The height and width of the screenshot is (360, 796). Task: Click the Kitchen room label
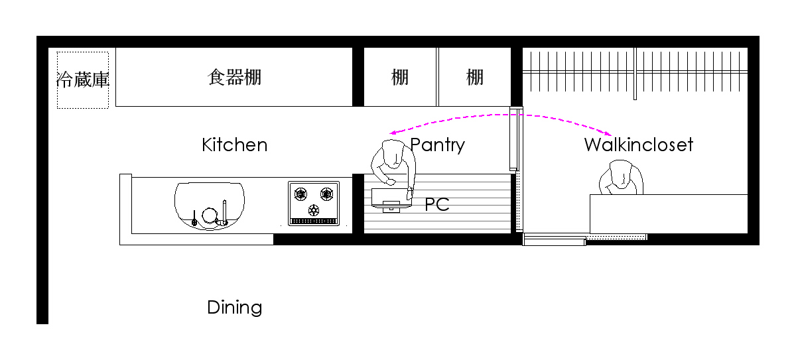234,145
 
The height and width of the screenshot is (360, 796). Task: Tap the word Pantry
438,145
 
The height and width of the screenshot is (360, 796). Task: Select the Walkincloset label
638,145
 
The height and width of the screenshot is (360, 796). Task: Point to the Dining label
234,308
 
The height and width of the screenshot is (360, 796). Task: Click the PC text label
437,204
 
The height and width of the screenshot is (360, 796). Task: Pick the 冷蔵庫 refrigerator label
83,80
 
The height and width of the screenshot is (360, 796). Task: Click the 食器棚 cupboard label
234,78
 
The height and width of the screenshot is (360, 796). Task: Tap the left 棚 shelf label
400,78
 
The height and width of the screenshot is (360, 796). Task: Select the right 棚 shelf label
474,78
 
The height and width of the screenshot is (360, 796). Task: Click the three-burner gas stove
314,203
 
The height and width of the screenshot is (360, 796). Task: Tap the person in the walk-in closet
622,179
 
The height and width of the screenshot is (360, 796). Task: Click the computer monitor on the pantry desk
391,200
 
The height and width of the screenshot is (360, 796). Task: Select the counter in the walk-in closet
668,213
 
